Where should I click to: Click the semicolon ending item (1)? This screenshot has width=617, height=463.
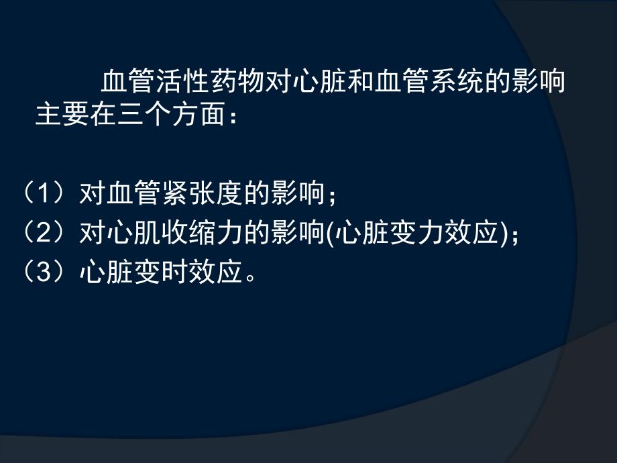tap(331, 197)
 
